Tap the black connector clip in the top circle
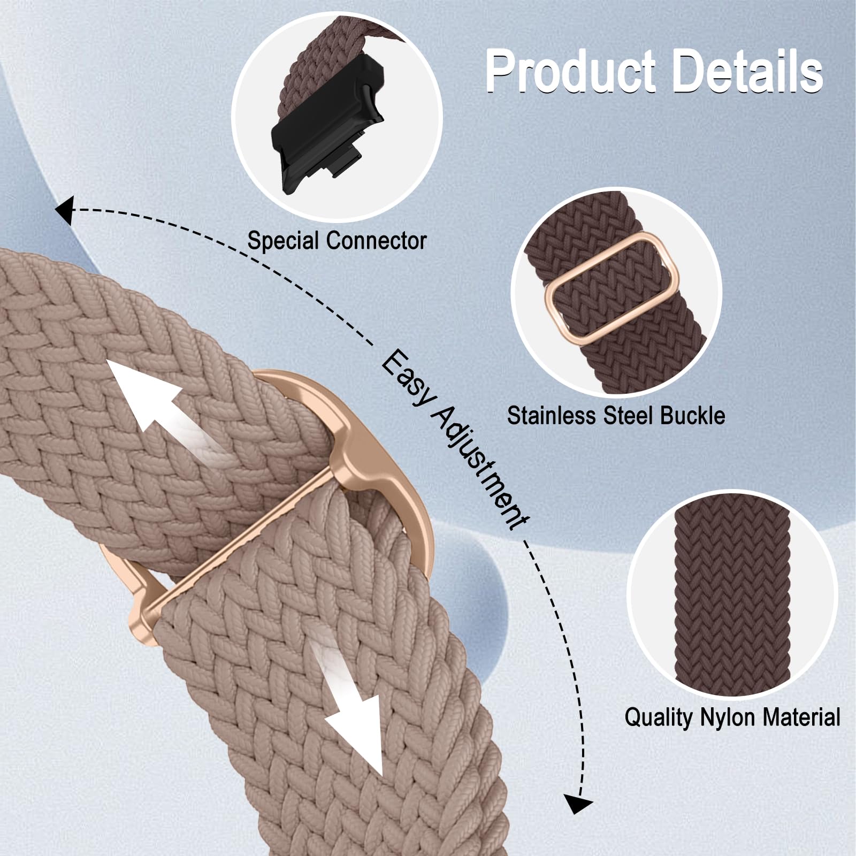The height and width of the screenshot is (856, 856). point(327,127)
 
